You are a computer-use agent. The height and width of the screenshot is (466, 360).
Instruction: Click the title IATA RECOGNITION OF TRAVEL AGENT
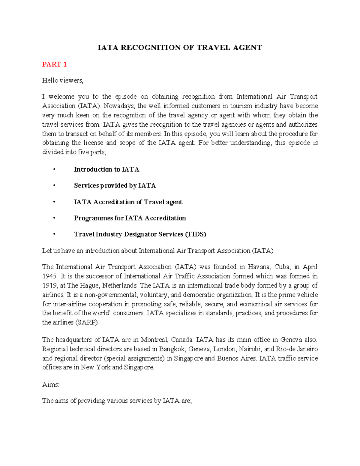[x=180, y=48]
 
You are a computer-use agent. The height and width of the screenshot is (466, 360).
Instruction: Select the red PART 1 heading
[x=54, y=64]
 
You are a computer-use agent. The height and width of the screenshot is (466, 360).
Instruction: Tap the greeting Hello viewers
[x=62, y=80]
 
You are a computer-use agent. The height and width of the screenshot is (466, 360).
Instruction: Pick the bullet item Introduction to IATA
[x=106, y=170]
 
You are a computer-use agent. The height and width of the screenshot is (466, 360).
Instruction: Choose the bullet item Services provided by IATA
[x=115, y=186]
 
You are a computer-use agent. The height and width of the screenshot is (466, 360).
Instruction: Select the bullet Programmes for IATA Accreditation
[x=130, y=218]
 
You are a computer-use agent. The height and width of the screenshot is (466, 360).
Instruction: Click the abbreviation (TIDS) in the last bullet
[x=195, y=234]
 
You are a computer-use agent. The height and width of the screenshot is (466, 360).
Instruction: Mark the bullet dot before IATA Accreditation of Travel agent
[x=54, y=202]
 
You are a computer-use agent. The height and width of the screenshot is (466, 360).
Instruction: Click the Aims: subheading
[x=51, y=385]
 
